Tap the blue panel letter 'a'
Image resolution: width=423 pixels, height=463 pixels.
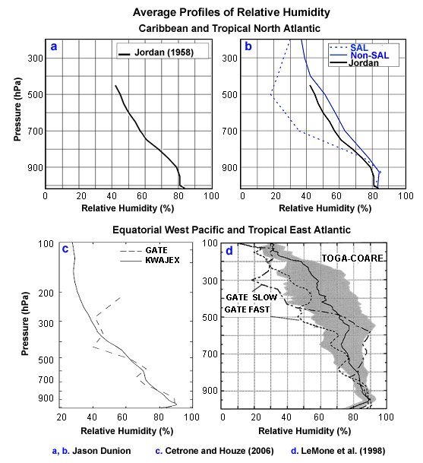54,47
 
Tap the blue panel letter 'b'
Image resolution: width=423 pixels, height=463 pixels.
250,47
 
